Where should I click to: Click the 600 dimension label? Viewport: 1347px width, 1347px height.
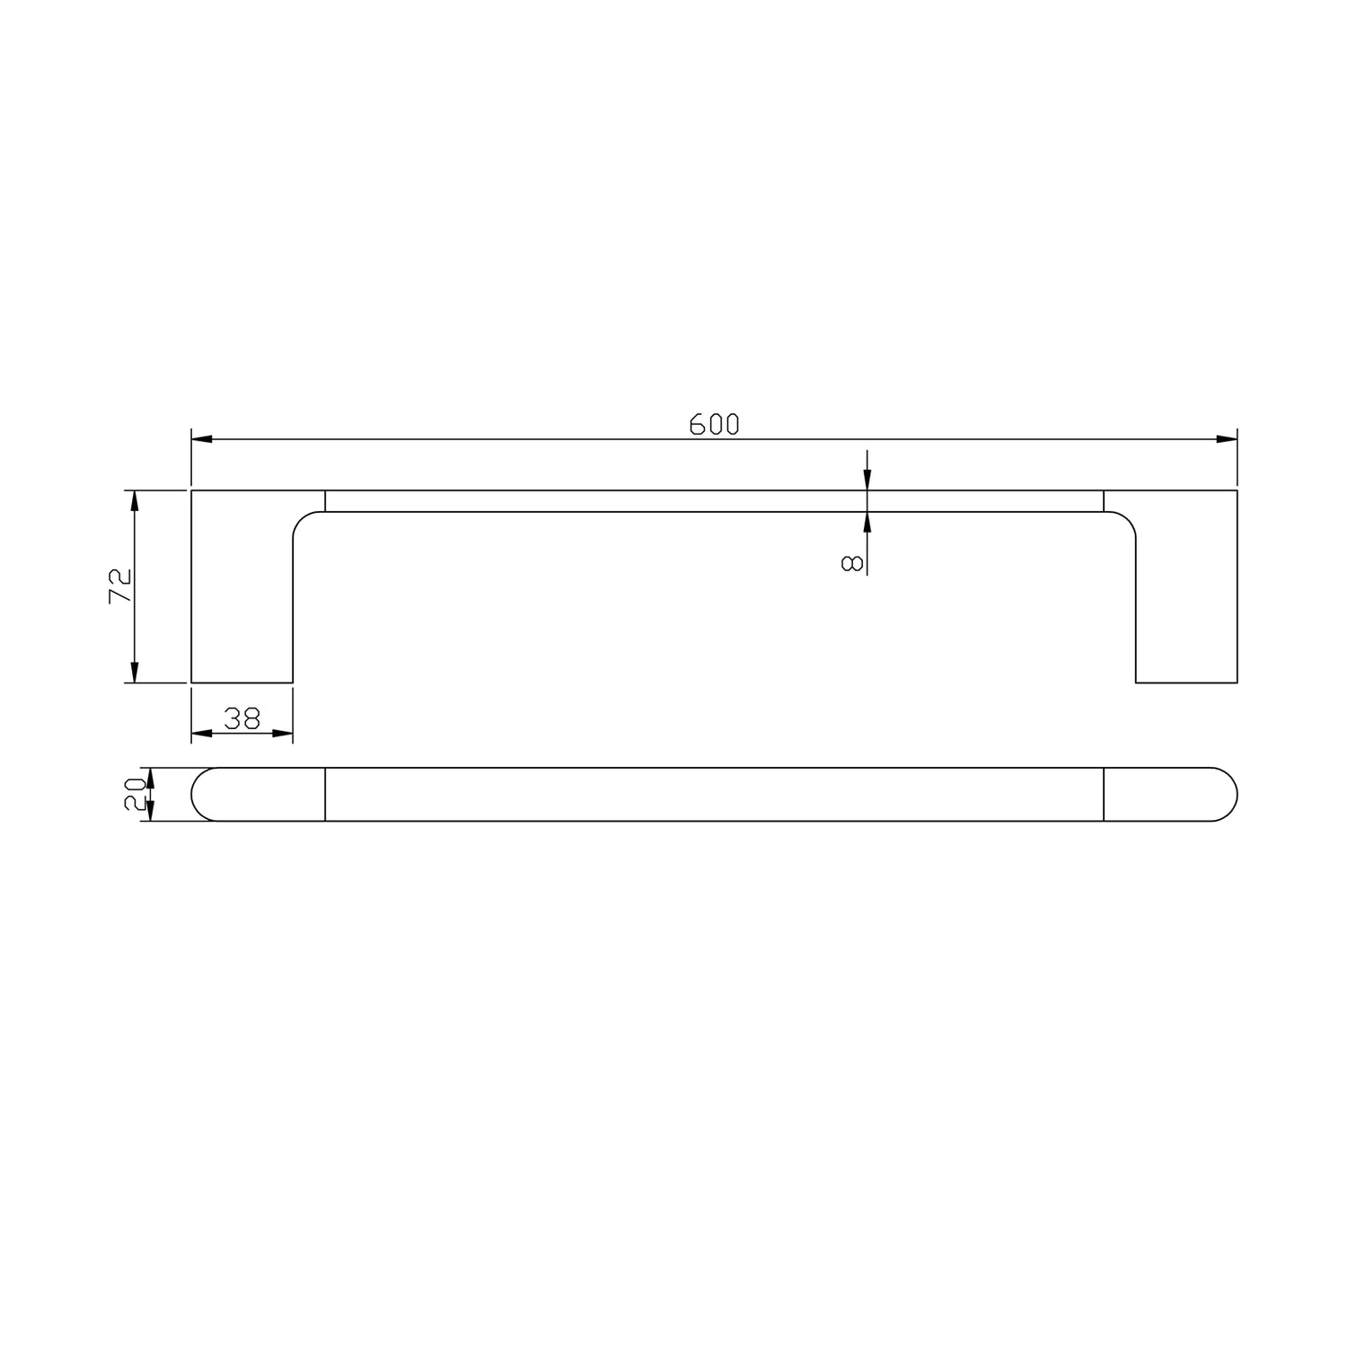click(x=714, y=424)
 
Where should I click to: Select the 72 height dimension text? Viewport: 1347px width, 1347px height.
click(x=121, y=586)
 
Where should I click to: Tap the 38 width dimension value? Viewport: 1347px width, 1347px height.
click(x=242, y=718)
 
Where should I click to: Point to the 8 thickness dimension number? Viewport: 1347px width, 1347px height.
click(x=852, y=563)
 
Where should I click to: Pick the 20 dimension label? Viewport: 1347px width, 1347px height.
click(x=135, y=794)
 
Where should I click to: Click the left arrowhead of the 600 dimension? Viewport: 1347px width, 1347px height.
click(x=202, y=439)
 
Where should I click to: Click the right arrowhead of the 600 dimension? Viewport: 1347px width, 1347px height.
click(x=1227, y=439)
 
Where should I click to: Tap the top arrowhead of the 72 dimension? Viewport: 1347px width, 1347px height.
click(x=135, y=501)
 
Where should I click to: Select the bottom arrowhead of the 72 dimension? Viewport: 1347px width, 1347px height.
click(x=135, y=673)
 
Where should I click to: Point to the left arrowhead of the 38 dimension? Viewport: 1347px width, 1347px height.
click(x=201, y=734)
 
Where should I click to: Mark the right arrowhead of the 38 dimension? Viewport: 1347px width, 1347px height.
click(x=283, y=734)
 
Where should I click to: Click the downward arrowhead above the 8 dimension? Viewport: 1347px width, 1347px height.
click(x=867, y=480)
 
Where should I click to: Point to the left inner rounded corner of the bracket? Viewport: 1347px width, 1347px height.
click(x=303, y=521)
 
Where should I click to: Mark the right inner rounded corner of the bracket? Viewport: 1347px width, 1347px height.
click(x=1126, y=521)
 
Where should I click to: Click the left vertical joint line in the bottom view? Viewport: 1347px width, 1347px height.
click(x=325, y=795)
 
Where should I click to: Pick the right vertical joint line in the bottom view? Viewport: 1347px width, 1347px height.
click(x=1104, y=795)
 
